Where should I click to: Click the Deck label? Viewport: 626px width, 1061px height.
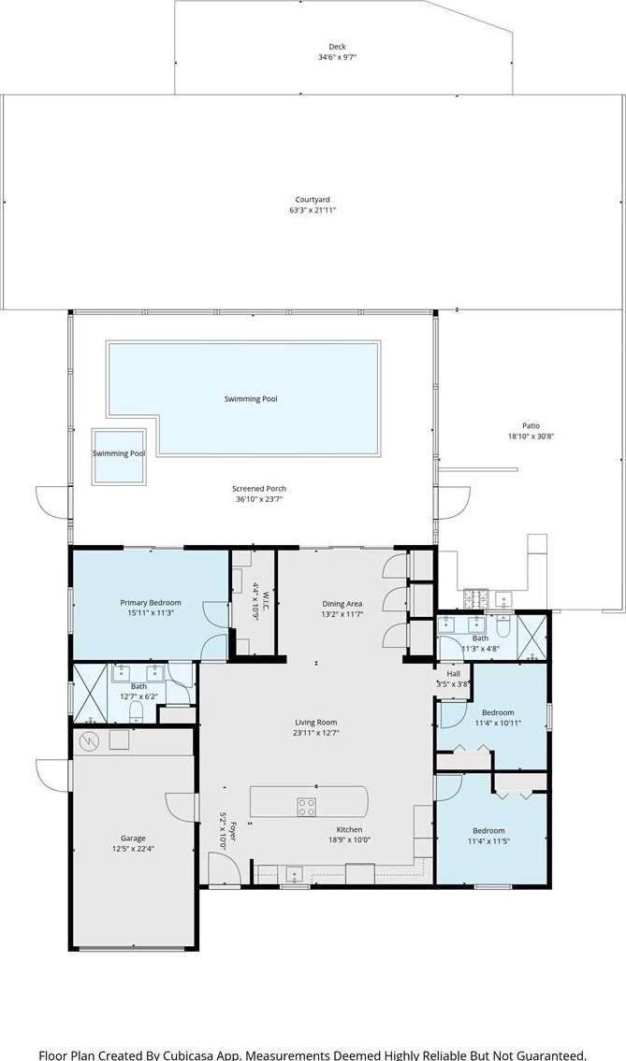(337, 47)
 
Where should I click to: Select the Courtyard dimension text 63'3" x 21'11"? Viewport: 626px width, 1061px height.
(313, 210)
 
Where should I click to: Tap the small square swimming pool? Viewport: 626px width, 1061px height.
(119, 457)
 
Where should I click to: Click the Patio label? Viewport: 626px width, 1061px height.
(531, 425)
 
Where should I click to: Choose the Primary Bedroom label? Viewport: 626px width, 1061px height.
(151, 603)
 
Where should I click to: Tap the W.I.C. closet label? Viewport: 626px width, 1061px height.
(267, 600)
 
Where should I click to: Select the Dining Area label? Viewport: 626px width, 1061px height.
(342, 604)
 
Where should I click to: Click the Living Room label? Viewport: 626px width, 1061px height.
(315, 722)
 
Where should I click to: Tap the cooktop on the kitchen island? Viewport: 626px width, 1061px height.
(306, 807)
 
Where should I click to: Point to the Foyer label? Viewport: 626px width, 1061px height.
(232, 830)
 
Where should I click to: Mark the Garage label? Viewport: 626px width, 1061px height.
(133, 839)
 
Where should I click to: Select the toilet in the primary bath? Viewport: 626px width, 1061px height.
(136, 711)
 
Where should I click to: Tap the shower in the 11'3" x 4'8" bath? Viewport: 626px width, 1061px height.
(531, 638)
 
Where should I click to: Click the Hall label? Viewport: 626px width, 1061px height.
(453, 674)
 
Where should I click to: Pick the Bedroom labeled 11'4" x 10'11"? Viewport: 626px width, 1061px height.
(498, 712)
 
